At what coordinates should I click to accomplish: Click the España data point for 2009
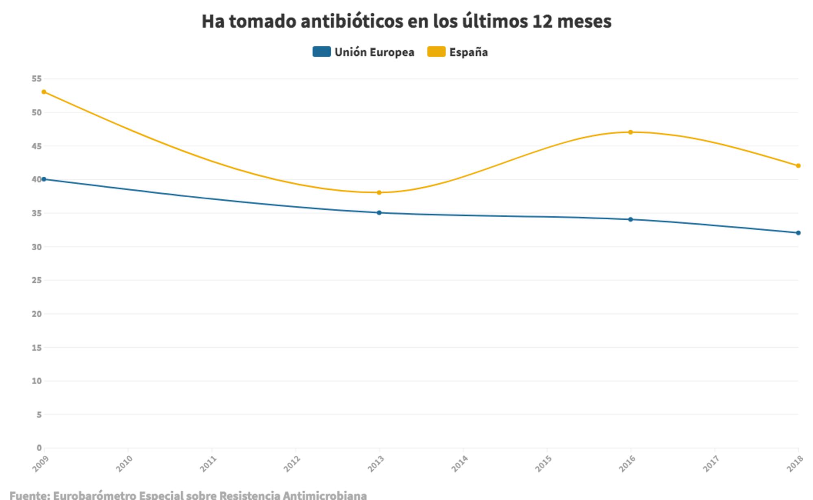44,92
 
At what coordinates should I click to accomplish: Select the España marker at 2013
379,193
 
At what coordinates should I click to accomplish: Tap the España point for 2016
630,132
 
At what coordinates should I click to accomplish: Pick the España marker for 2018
798,166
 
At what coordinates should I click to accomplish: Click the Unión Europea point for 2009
44,179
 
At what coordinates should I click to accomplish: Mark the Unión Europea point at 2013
379,212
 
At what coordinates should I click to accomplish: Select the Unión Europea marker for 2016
630,219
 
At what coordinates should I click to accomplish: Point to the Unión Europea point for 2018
798,233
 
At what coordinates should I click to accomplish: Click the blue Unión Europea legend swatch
322,52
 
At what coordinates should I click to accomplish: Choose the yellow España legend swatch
436,52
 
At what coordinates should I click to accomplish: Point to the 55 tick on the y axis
37,79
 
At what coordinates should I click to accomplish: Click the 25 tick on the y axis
37,280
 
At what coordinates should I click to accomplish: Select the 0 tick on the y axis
39,448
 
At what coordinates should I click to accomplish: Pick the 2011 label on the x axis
209,464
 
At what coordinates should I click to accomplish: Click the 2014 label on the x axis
460,464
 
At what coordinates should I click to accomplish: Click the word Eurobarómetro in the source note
94,496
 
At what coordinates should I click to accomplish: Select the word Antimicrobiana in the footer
325,496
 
